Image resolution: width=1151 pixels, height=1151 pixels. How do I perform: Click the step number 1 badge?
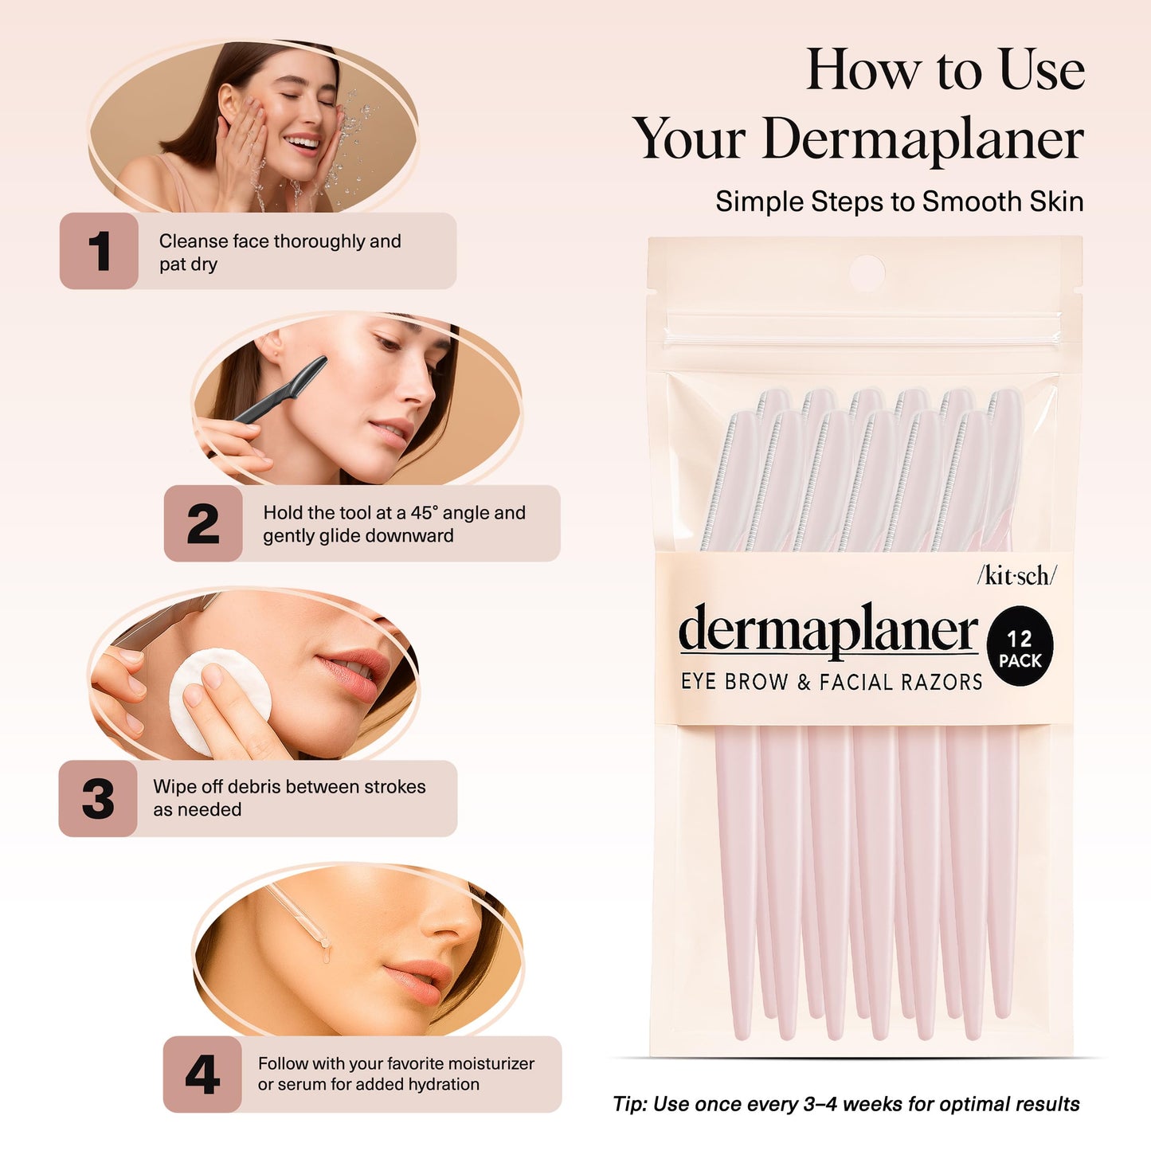(99, 251)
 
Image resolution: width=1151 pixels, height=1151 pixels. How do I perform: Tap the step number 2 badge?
(203, 523)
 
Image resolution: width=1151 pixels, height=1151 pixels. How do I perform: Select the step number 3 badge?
(98, 798)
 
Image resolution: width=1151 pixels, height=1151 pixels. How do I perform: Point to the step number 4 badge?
(202, 1075)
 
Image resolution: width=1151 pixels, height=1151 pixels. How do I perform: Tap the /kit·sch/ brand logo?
(1016, 575)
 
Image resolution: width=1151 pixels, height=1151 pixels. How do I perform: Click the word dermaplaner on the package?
(828, 630)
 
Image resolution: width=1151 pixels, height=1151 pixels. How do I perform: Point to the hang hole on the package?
(867, 273)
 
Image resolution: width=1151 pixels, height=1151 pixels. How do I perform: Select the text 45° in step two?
(424, 513)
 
